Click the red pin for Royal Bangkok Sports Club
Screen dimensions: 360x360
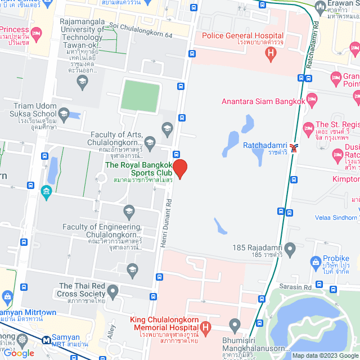pos(179,168)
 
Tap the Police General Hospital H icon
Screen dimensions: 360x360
pos(271,53)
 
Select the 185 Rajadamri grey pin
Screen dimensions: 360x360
pos(290,247)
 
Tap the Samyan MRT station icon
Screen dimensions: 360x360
pos(48,340)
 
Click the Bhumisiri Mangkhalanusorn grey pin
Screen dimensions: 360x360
pos(235,325)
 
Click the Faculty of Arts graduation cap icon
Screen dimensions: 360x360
pos(150,141)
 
